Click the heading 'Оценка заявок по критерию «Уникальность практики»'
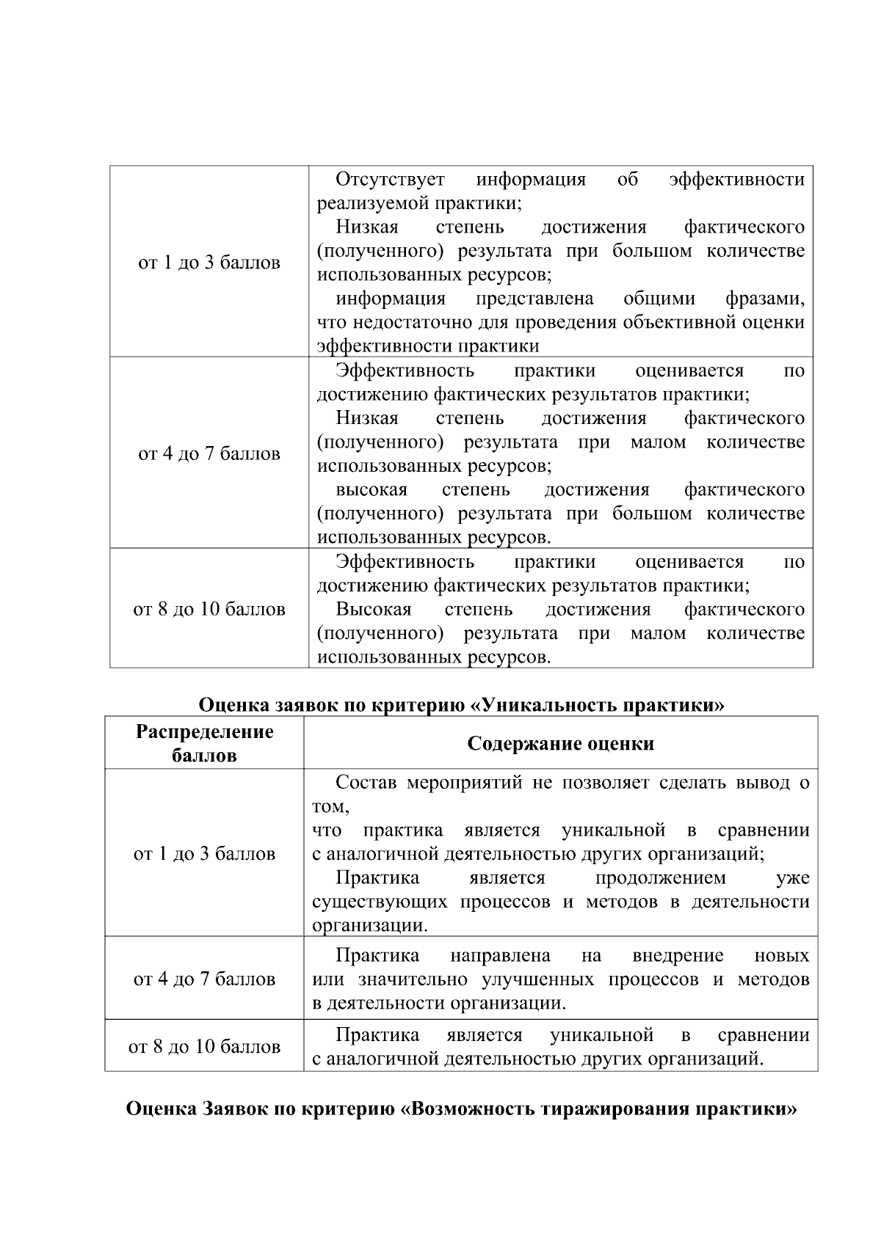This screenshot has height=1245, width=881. [461, 705]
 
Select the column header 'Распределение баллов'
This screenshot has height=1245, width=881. [204, 742]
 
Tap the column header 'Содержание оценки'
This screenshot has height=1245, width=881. [560, 743]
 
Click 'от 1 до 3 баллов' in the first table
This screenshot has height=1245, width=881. [209, 262]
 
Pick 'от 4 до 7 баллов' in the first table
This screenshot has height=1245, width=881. [209, 453]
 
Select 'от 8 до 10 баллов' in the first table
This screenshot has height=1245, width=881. [209, 609]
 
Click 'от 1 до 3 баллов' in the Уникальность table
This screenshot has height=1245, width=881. [204, 853]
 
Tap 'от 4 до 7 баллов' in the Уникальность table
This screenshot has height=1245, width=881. [204, 979]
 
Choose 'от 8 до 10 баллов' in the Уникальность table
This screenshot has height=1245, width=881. [204, 1046]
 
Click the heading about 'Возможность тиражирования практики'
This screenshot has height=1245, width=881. [461, 1108]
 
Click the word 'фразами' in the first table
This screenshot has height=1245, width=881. [764, 299]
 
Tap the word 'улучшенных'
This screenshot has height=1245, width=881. [536, 979]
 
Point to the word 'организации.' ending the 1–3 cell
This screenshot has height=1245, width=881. [369, 925]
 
